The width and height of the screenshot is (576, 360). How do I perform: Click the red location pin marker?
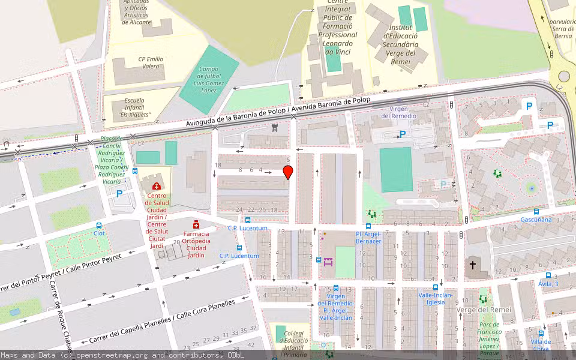pyautogui.click(x=288, y=173)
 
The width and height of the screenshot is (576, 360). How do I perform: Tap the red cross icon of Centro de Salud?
pyautogui.click(x=157, y=187)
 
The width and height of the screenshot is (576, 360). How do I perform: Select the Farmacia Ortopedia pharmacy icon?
pyautogui.click(x=196, y=224)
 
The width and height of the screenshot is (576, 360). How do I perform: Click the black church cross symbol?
pyautogui.click(x=473, y=265)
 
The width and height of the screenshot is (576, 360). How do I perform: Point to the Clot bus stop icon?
pyautogui.click(x=99, y=225)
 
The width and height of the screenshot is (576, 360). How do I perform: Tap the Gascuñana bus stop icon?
pyautogui.click(x=536, y=211)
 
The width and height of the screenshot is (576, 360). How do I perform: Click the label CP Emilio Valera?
pyautogui.click(x=150, y=62)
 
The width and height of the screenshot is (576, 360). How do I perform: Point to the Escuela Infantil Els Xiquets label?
pyautogui.click(x=134, y=107)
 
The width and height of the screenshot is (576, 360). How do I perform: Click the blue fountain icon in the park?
pyautogui.click(x=531, y=188)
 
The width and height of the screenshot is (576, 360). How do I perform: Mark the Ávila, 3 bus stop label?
pyautogui.click(x=548, y=284)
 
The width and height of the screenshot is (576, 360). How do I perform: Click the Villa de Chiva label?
pyautogui.click(x=541, y=345)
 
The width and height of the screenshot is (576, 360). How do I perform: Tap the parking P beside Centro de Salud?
pyautogui.click(x=119, y=194)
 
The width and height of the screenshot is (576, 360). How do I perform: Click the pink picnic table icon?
pyautogui.click(x=328, y=262)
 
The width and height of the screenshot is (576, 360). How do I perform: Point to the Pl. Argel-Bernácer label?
pyautogui.click(x=368, y=238)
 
